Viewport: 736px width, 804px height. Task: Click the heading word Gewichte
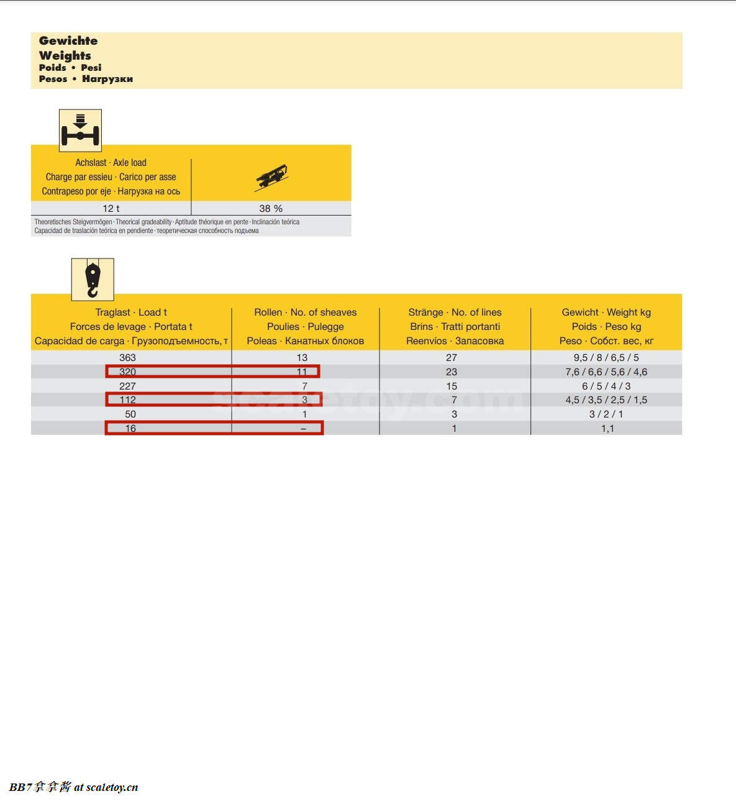tap(68, 41)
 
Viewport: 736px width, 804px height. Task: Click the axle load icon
tap(80, 130)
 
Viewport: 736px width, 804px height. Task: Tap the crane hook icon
tap(93, 280)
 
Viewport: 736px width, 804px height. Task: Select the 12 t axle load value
tap(111, 209)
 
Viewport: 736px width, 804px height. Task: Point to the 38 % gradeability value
tap(271, 209)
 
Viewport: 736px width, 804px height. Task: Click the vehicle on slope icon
tap(271, 178)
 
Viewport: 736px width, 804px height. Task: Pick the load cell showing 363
tap(127, 358)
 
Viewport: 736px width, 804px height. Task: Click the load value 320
tap(127, 372)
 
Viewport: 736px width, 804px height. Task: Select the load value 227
tap(127, 386)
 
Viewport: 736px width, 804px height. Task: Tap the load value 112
tap(127, 400)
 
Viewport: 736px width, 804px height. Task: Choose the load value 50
tap(130, 414)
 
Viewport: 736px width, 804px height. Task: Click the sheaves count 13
tap(302, 358)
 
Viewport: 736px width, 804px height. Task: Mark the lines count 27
tap(452, 358)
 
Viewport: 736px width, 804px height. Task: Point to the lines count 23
tap(452, 372)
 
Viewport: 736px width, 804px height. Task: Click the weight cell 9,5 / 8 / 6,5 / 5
tap(606, 358)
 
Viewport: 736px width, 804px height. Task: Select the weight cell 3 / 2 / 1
tap(606, 414)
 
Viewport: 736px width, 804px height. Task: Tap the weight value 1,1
tap(607, 429)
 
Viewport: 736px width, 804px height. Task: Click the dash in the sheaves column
tap(303, 429)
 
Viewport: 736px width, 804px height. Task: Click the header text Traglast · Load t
tap(131, 313)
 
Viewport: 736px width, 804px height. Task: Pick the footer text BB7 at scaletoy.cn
tap(73, 787)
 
